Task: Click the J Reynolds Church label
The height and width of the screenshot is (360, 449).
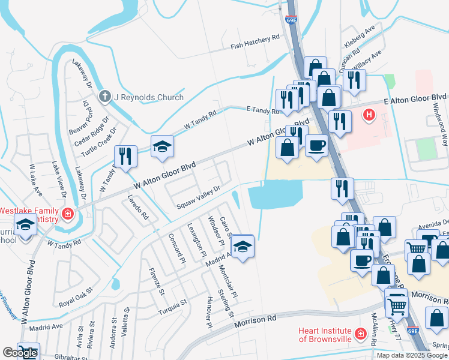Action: (149, 97)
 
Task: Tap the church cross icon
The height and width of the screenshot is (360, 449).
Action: (105, 96)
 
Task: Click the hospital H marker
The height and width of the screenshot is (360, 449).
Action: (369, 113)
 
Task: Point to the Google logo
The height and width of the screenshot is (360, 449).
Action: (20, 353)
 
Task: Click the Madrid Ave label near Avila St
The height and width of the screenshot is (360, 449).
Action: (46, 327)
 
